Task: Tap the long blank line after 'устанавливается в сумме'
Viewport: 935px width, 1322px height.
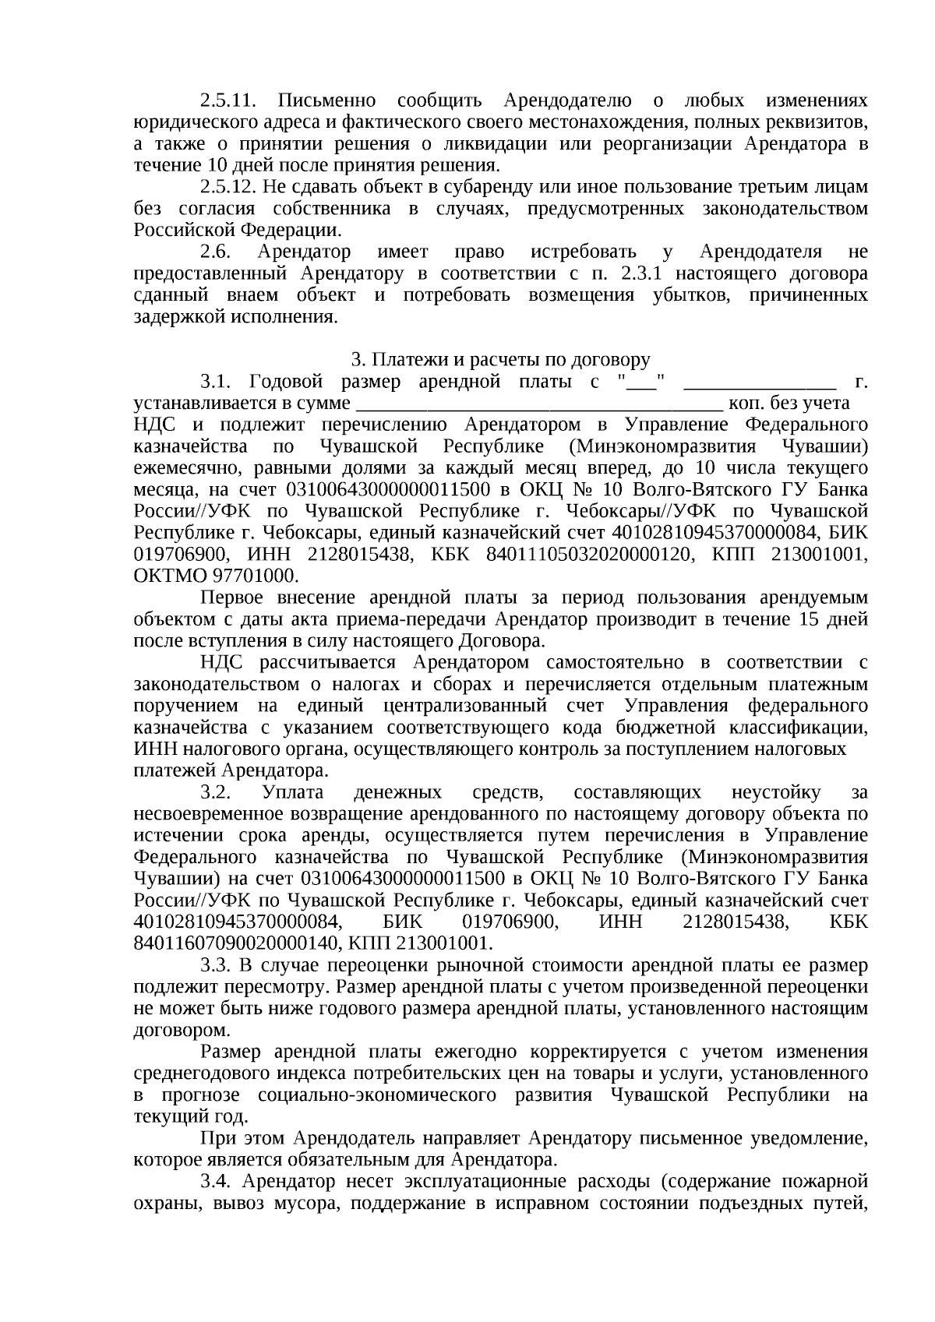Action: tap(538, 405)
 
